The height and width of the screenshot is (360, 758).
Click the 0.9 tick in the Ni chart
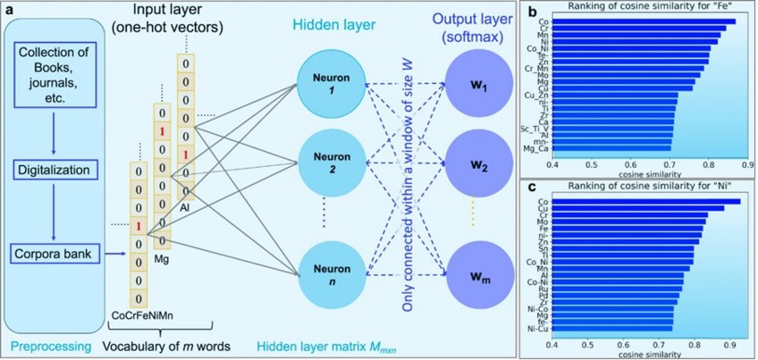[x=732, y=342]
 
